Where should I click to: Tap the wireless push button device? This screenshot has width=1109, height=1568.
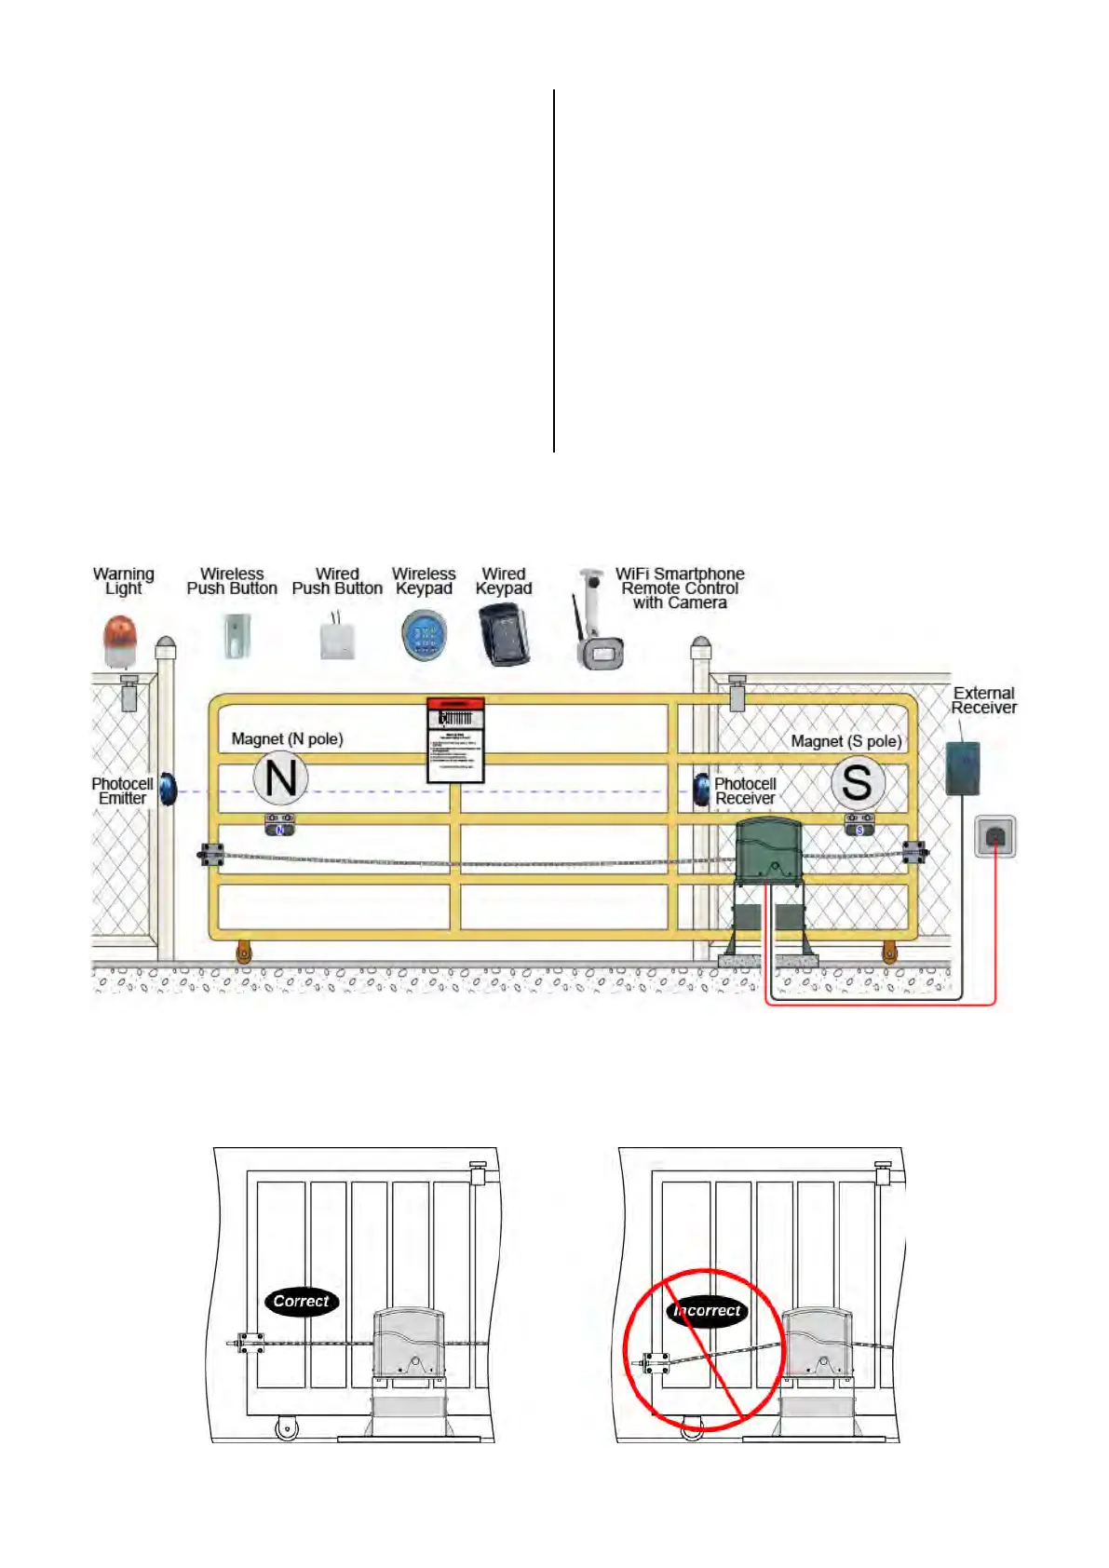click(x=232, y=637)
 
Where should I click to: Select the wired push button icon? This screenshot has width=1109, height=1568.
click(x=336, y=639)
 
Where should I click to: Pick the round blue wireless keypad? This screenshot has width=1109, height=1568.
click(x=425, y=637)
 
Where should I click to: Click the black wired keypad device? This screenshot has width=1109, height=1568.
click(x=504, y=634)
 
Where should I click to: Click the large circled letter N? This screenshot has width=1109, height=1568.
click(x=280, y=778)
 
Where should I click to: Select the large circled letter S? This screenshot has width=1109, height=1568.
click(x=857, y=782)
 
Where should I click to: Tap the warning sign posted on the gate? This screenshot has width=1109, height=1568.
click(x=455, y=740)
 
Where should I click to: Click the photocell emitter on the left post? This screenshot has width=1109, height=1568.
click(x=168, y=790)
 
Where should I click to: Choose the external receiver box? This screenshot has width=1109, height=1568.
click(x=963, y=768)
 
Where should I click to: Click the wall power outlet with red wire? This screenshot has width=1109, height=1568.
click(x=995, y=836)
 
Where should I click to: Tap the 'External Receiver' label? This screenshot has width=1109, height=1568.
click(x=983, y=700)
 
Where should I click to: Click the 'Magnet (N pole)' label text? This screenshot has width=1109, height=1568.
click(x=287, y=739)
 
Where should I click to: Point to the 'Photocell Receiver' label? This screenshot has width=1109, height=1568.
click(x=745, y=791)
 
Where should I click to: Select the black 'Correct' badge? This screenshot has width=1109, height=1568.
click(x=302, y=1302)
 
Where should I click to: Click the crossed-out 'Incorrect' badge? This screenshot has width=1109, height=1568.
click(x=707, y=1311)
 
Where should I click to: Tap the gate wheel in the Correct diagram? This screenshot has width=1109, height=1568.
click(x=287, y=1427)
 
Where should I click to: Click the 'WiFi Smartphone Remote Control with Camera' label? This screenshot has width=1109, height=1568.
click(x=680, y=588)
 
